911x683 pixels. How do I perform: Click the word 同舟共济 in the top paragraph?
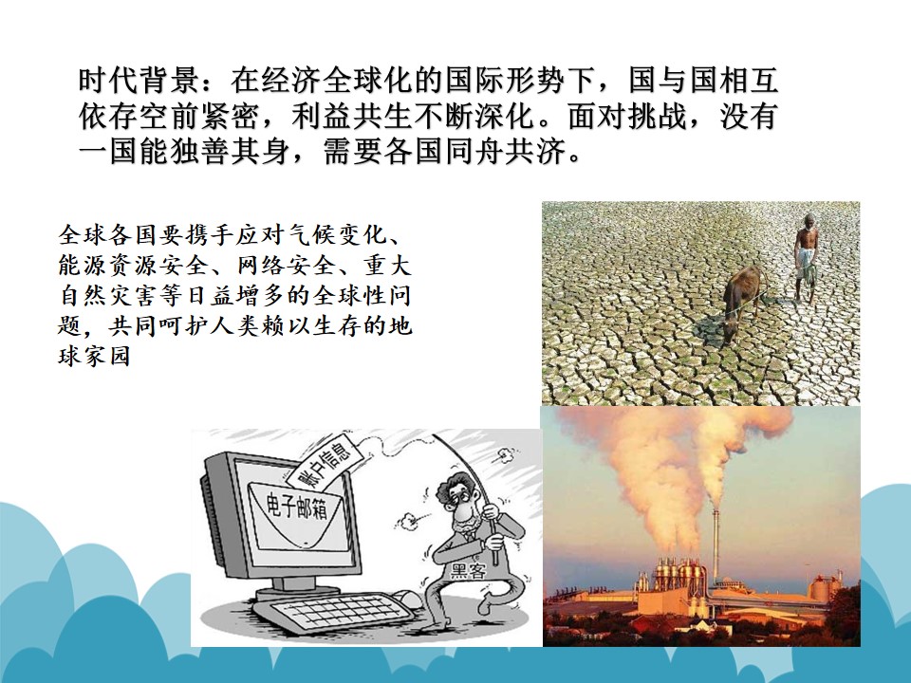[x=505, y=152]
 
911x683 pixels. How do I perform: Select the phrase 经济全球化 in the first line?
[x=337, y=80]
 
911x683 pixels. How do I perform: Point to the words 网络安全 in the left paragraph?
[x=287, y=266]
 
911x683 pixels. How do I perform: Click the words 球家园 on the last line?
[x=94, y=356]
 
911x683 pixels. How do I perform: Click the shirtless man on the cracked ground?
[x=807, y=257]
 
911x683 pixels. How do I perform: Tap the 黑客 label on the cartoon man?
[x=469, y=570]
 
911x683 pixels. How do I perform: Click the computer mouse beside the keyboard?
[x=410, y=597]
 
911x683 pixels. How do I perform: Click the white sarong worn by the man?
[x=806, y=265]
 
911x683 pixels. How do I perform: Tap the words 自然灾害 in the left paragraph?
[x=107, y=296]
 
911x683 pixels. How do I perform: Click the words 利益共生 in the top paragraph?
[x=351, y=116]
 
